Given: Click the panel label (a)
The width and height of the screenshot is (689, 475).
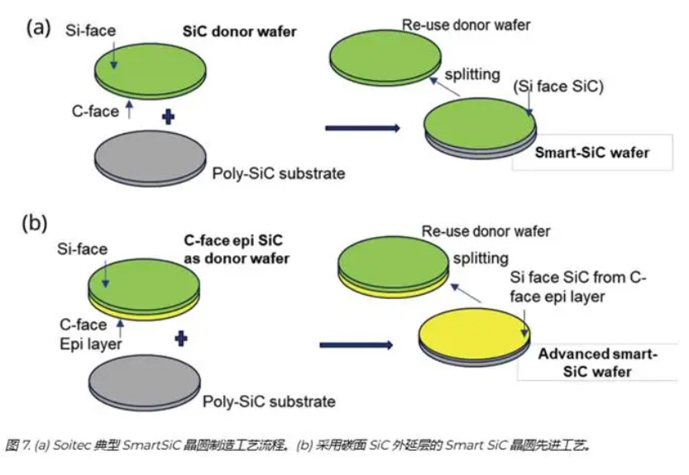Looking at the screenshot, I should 40,26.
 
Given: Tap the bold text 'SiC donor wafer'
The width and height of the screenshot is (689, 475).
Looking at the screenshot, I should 239,31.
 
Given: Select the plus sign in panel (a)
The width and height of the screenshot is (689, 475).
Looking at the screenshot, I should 169,117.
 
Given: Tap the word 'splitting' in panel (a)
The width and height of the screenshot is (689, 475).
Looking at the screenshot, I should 472,74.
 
